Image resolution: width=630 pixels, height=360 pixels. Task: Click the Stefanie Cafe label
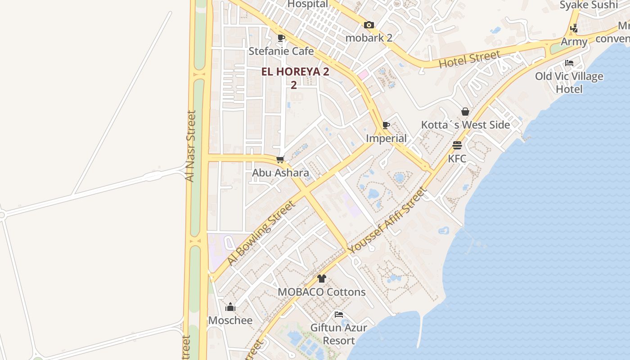point(281,51)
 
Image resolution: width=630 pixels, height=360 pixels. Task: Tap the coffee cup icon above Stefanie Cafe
point(281,38)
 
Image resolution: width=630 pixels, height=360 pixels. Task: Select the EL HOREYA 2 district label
point(296,72)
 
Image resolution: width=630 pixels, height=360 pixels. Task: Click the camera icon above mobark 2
point(369,25)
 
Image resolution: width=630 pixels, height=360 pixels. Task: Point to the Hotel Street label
point(469,59)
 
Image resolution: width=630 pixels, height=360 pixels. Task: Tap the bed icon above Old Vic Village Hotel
point(569,63)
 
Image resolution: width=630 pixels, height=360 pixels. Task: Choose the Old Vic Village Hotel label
point(569,82)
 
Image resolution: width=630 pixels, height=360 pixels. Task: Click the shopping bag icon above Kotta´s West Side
point(465,112)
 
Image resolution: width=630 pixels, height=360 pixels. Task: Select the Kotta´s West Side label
point(465,125)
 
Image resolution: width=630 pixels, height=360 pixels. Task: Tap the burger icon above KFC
point(457,145)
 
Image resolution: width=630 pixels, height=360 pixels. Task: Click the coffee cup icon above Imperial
point(386,125)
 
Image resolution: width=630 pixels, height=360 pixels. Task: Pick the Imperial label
point(386,138)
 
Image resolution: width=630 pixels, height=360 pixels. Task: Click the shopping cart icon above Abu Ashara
point(280,159)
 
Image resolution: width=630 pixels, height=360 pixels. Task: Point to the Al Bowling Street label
point(261,233)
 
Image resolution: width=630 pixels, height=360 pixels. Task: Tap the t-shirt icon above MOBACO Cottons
point(321,279)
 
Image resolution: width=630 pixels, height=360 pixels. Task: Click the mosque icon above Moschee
point(230,307)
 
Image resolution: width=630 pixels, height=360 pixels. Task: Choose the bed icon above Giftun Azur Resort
point(339,314)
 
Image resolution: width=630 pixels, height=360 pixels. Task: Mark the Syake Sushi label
point(589,5)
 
